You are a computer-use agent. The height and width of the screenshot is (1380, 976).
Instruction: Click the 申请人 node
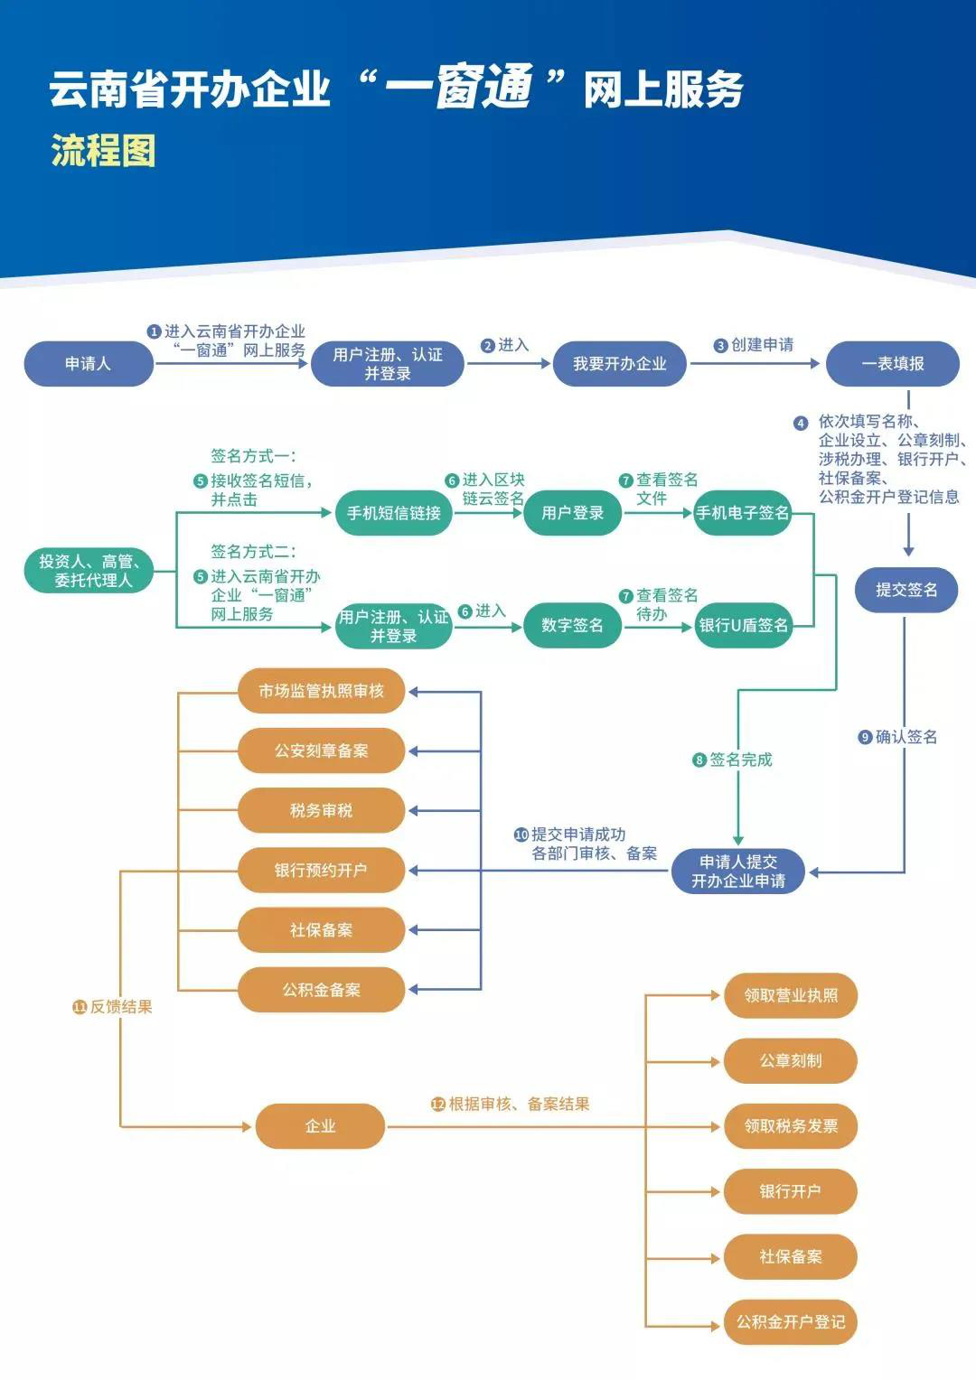89,363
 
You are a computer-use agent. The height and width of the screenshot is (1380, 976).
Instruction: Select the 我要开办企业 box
620,363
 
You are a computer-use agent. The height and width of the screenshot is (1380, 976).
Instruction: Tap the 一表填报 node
893,363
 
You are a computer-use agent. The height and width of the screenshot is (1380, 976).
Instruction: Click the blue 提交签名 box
906,590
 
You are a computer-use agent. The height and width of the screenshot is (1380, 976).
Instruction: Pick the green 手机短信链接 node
393,513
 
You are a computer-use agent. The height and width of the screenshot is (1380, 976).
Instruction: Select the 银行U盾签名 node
743,625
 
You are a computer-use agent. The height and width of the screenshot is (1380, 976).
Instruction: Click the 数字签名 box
572,625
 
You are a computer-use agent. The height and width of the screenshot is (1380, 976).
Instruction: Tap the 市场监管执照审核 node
321,691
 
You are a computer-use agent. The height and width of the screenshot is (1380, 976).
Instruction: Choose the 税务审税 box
321,810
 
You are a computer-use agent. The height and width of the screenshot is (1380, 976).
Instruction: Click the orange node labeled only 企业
321,1126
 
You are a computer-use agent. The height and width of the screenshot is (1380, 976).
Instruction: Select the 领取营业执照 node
791,995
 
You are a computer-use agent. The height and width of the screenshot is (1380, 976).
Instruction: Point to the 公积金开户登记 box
791,1322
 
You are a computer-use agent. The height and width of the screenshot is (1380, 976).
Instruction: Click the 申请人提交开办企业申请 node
738,872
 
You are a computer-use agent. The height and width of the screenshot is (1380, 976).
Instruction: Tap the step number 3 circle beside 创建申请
721,346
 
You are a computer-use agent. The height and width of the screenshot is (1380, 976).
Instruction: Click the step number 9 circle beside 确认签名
865,738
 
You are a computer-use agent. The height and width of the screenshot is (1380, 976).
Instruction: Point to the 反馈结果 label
121,1007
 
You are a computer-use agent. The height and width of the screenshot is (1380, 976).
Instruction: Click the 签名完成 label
740,760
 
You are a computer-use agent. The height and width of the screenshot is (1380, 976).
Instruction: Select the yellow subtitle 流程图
103,150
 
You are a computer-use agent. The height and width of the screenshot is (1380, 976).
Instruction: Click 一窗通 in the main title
459,88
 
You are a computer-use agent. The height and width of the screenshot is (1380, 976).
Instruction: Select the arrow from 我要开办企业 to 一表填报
755,363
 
